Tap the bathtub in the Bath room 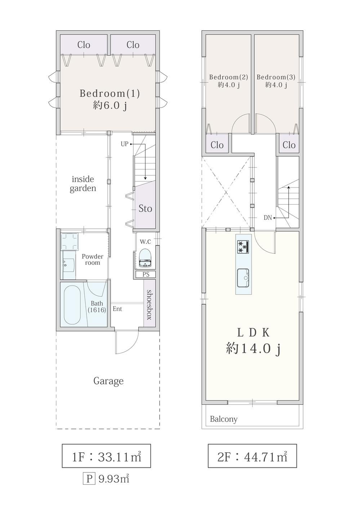[x=72, y=305]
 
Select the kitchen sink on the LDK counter [x=243, y=278]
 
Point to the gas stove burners [x=243, y=247]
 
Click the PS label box [x=146, y=274]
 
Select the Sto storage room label [x=145, y=208]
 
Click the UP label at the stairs [x=124, y=144]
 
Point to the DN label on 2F [x=268, y=217]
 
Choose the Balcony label [x=223, y=419]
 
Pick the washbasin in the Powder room [x=69, y=265]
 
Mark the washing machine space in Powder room [x=69, y=241]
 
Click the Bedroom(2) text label [x=228, y=77]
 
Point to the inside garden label [x=83, y=184]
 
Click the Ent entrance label [x=117, y=309]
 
